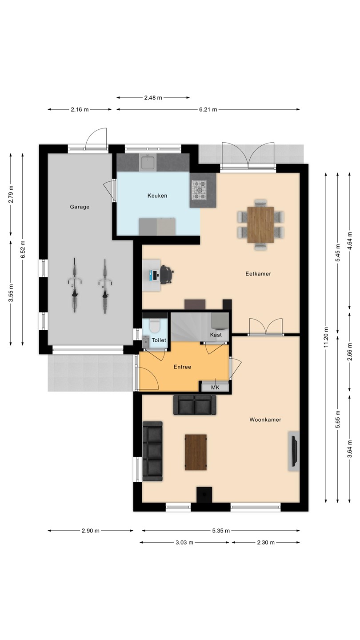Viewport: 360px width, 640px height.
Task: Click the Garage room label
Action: (x=80, y=207)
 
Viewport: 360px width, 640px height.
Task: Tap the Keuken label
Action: (x=157, y=196)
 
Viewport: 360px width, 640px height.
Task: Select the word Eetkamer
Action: (x=258, y=274)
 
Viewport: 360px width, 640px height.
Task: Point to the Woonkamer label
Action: (x=265, y=420)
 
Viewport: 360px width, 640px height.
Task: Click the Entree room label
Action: (x=182, y=367)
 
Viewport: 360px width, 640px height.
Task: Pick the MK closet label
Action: (x=215, y=388)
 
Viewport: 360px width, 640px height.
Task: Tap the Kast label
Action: (x=216, y=335)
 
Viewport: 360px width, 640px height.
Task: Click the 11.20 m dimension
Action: (x=326, y=337)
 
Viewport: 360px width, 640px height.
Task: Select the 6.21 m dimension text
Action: (x=208, y=109)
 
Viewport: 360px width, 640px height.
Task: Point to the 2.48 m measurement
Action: (x=153, y=98)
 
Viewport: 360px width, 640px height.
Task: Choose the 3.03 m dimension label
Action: (x=184, y=543)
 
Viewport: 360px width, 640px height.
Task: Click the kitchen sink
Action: (x=148, y=162)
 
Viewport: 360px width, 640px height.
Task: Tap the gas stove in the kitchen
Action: (x=199, y=190)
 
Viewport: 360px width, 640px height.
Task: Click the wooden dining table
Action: (x=260, y=225)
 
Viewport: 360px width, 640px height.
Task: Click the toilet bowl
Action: (x=155, y=326)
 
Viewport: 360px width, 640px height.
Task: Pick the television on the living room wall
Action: (x=294, y=451)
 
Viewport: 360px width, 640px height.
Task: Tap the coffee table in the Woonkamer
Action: (x=196, y=452)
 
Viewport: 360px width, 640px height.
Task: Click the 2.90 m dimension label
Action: (x=91, y=531)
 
